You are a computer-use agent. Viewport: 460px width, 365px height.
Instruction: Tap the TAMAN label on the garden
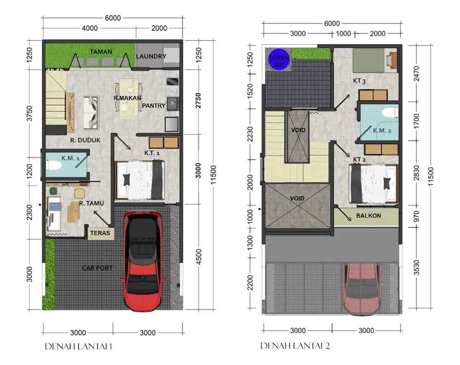coord(101,52)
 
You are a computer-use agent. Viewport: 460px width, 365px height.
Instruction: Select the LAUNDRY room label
coord(151,56)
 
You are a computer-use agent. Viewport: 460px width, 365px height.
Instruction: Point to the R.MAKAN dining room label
coord(127,98)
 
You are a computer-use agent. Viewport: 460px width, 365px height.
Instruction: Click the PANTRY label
coord(154,106)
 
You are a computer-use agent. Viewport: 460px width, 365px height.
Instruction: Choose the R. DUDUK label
coord(86,140)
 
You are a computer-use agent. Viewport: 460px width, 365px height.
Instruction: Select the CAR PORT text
coord(98,268)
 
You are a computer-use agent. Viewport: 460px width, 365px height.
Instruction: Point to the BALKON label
coord(368,215)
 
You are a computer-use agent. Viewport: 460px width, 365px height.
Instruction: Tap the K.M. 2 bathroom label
coord(382,130)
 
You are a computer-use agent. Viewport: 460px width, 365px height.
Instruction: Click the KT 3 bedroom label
coord(359,81)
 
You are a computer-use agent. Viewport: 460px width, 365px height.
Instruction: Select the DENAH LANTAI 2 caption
coord(295,345)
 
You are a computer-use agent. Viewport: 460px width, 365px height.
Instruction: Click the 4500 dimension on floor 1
coord(198,257)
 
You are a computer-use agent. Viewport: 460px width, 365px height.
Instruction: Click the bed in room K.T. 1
coord(140,180)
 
